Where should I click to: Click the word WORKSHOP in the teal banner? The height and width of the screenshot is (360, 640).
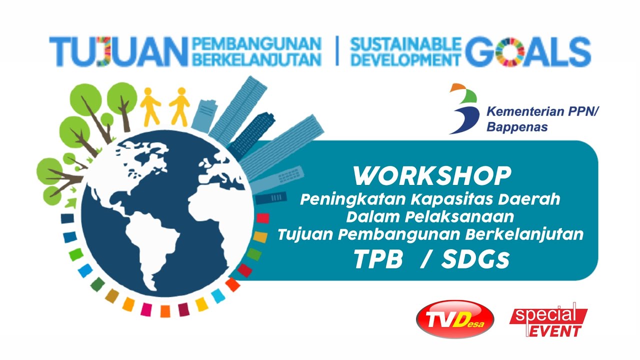(432, 176)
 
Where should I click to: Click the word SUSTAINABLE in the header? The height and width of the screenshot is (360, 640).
(405, 44)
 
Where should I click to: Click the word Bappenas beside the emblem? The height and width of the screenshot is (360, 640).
(517, 127)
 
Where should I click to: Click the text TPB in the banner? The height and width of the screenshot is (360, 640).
(378, 259)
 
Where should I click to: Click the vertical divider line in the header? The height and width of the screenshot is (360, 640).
(336, 51)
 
